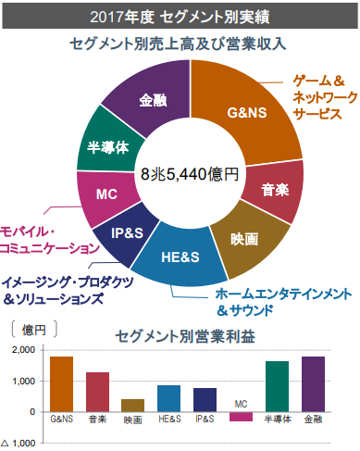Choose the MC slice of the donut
coord(106,194)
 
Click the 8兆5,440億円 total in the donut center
coord(190,173)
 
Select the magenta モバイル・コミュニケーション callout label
coord(46,239)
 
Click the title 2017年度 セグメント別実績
coord(180,16)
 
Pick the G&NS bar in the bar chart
coord(61,383)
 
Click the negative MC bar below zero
coord(241,417)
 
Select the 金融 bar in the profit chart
coord(313,383)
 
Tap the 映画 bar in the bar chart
coord(132,405)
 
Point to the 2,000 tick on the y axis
coord(23,349)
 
